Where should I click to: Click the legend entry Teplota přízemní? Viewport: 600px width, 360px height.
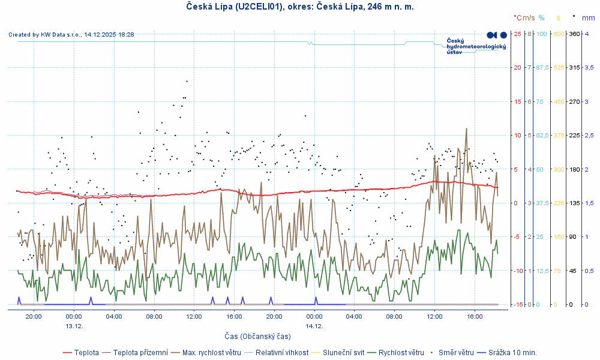click(x=140, y=352)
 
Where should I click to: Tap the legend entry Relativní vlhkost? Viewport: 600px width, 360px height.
click(x=282, y=352)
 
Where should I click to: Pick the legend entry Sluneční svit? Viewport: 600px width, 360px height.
click(x=343, y=352)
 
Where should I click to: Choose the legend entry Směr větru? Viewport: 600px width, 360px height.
click(x=456, y=352)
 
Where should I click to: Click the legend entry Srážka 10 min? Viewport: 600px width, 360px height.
click(x=512, y=352)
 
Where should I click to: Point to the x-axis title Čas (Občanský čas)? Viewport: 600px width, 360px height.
click(x=257, y=336)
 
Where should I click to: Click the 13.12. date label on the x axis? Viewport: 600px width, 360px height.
click(x=74, y=326)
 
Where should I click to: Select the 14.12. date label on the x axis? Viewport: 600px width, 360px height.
click(x=314, y=326)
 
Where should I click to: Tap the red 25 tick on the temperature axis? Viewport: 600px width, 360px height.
click(x=517, y=34)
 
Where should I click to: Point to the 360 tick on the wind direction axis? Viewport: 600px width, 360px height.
click(x=573, y=34)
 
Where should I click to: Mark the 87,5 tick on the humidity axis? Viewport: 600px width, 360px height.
click(x=542, y=67)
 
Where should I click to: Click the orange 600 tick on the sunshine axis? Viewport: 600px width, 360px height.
click(x=558, y=34)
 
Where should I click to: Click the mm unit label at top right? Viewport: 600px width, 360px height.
click(x=588, y=18)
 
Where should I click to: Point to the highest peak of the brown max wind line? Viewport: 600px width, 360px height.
click(x=466, y=128)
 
